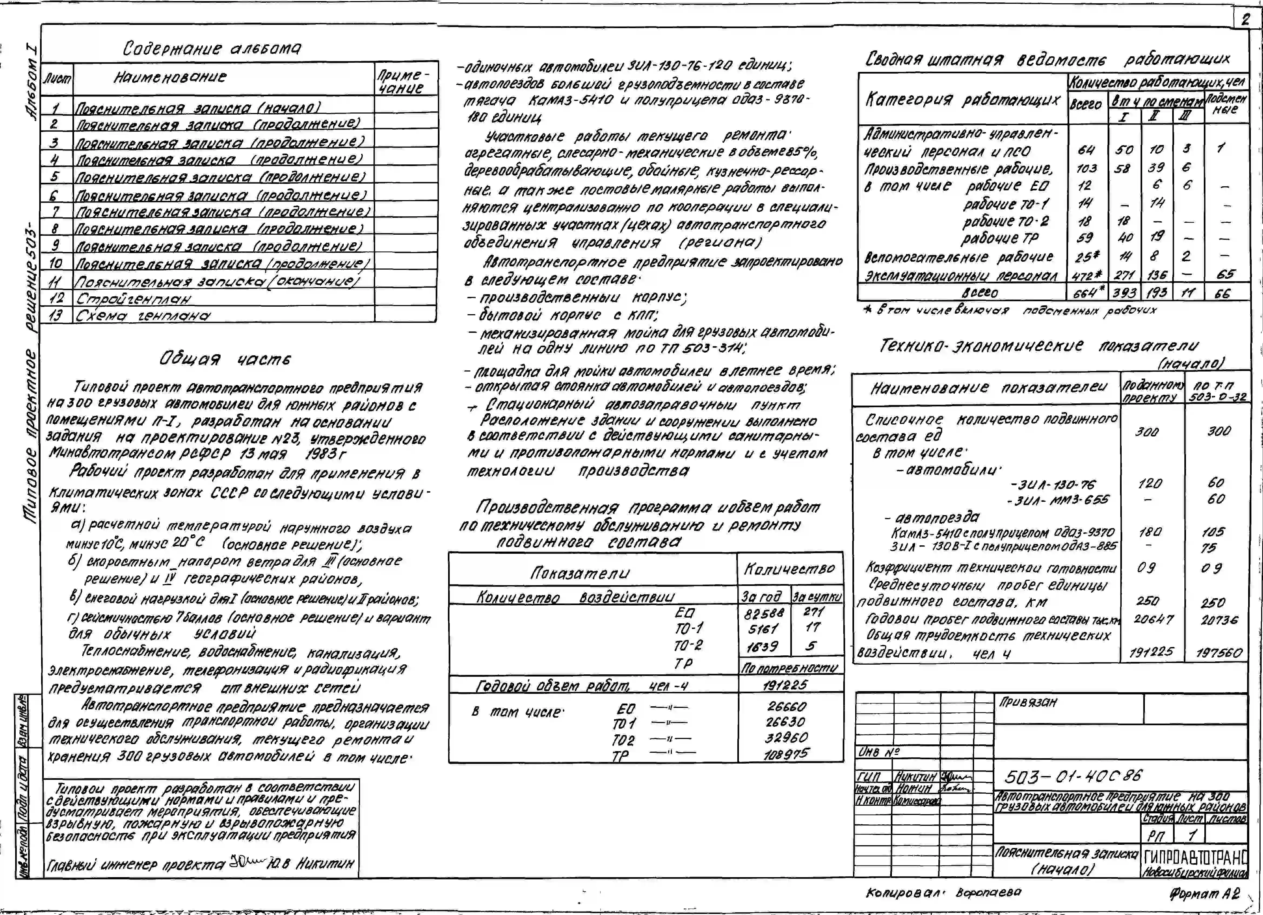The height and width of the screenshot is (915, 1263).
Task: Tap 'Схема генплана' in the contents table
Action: click(144, 315)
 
